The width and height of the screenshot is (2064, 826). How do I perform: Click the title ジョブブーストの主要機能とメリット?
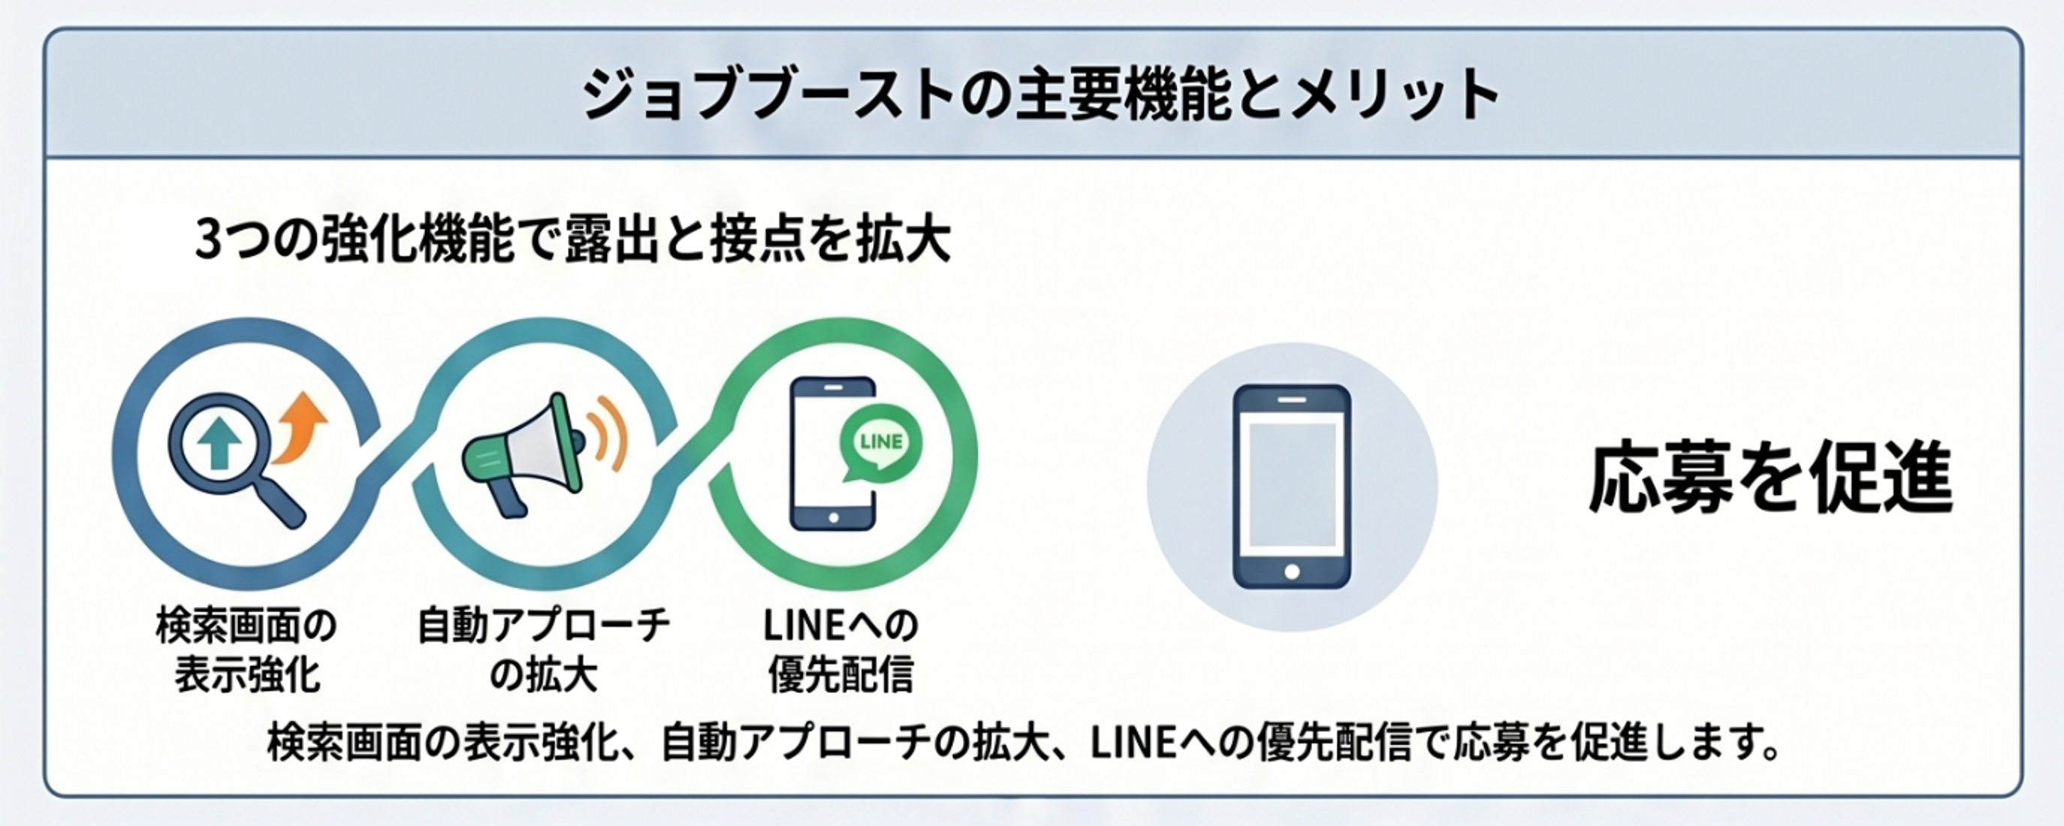click(1041, 95)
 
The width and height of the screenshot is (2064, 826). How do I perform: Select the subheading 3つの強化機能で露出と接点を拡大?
click(573, 240)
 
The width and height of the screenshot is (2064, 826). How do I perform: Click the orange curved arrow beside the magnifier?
click(300, 428)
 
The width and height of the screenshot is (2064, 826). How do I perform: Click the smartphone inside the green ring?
click(831, 454)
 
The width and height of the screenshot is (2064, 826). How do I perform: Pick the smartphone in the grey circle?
click(1292, 487)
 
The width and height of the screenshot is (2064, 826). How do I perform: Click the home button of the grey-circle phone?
click(1292, 571)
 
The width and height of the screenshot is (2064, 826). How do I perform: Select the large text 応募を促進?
click(1771, 478)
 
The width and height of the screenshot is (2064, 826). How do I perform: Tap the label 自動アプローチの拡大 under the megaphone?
click(543, 650)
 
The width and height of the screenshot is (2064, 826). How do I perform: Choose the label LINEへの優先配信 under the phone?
click(840, 650)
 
